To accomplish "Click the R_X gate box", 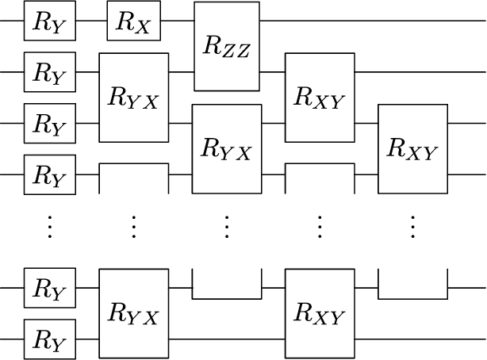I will [133, 21].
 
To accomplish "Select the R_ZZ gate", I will [227, 46].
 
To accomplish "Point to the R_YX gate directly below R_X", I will [133, 98].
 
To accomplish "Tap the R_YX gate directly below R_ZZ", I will [227, 149].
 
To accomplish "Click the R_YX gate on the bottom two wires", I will [133, 315].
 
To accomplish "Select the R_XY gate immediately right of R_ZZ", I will [320, 98].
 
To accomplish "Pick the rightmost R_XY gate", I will [413, 149].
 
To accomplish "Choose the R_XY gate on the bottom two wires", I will [320, 315].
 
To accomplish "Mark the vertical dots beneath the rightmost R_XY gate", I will [413, 228].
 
